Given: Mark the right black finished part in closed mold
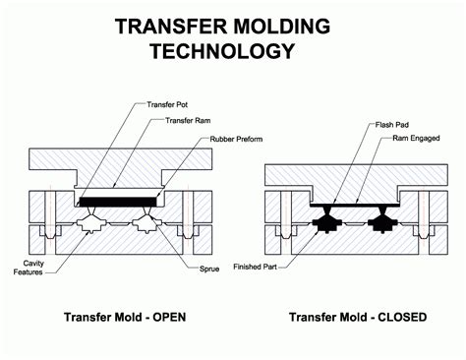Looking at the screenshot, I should pos(383,224).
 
